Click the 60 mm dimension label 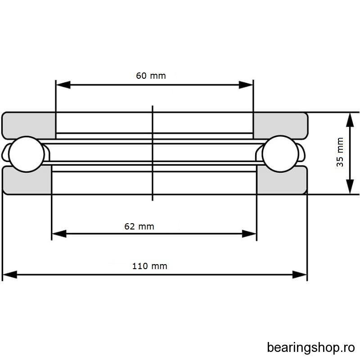(151, 76)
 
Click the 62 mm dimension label (139, 226)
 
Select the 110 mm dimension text (150, 266)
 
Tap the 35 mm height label (340, 152)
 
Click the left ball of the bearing (27, 154)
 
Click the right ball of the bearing (280, 154)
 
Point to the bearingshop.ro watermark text (311, 347)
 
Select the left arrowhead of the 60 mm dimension (63, 85)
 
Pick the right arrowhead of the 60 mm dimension (246, 85)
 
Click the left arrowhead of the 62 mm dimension (59, 234)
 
